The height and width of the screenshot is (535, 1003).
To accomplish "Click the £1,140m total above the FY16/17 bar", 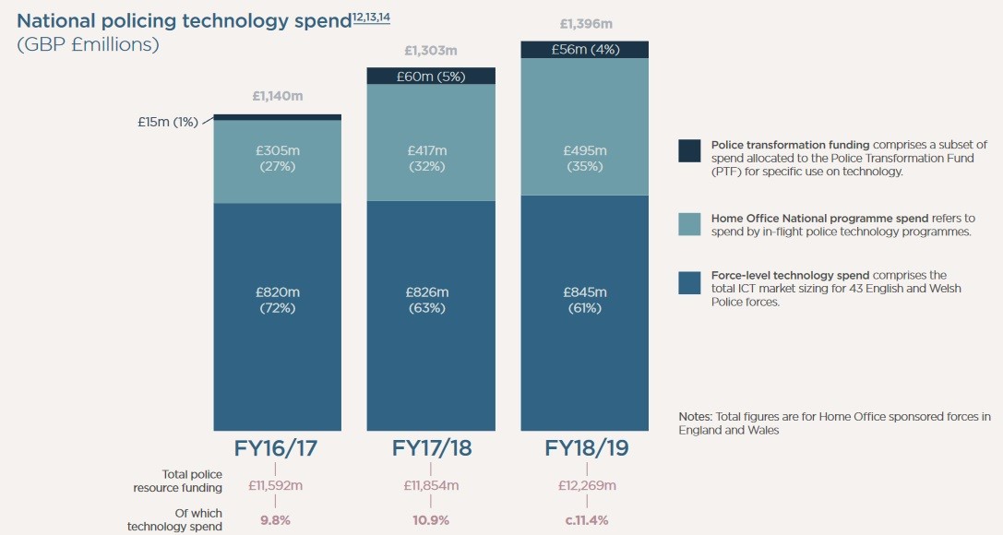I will click(x=277, y=95).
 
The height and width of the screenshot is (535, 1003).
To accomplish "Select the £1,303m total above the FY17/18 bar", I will click(x=431, y=51).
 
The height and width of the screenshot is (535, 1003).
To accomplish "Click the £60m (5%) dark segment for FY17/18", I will click(x=431, y=76).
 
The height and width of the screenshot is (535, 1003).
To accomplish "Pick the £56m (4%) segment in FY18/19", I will click(x=585, y=50).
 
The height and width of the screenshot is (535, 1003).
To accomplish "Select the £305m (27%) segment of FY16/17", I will click(x=277, y=160).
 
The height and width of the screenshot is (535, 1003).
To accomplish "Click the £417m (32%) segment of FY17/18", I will click(x=431, y=158).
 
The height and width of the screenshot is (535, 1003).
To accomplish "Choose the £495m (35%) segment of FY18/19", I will click(x=585, y=158).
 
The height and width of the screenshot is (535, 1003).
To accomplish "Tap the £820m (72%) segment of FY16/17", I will click(x=277, y=300).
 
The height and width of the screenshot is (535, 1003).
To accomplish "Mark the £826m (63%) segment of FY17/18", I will click(x=431, y=300).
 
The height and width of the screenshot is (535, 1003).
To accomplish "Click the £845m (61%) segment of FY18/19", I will click(x=585, y=300).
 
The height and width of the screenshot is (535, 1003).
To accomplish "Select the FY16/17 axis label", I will click(x=278, y=448).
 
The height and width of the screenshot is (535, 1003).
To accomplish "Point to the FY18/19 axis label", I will click(x=585, y=448).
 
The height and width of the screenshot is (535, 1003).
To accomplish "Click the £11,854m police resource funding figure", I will click(x=431, y=486).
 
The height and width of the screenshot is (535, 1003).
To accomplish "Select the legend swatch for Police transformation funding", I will click(x=689, y=150).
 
